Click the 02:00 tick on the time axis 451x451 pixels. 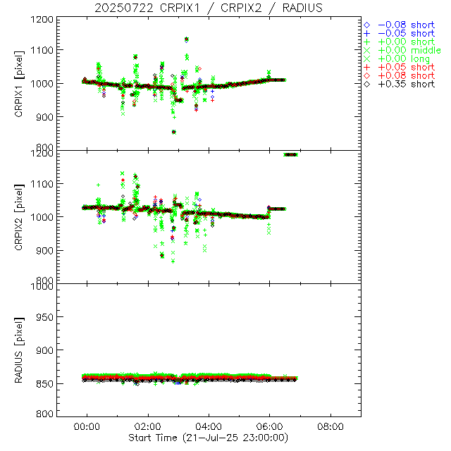[148, 427]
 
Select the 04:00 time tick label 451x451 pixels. [209, 427]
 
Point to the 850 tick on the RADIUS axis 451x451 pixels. [44, 383]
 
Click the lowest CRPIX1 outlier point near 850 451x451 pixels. [174, 132]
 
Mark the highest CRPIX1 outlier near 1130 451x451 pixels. [186, 39]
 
